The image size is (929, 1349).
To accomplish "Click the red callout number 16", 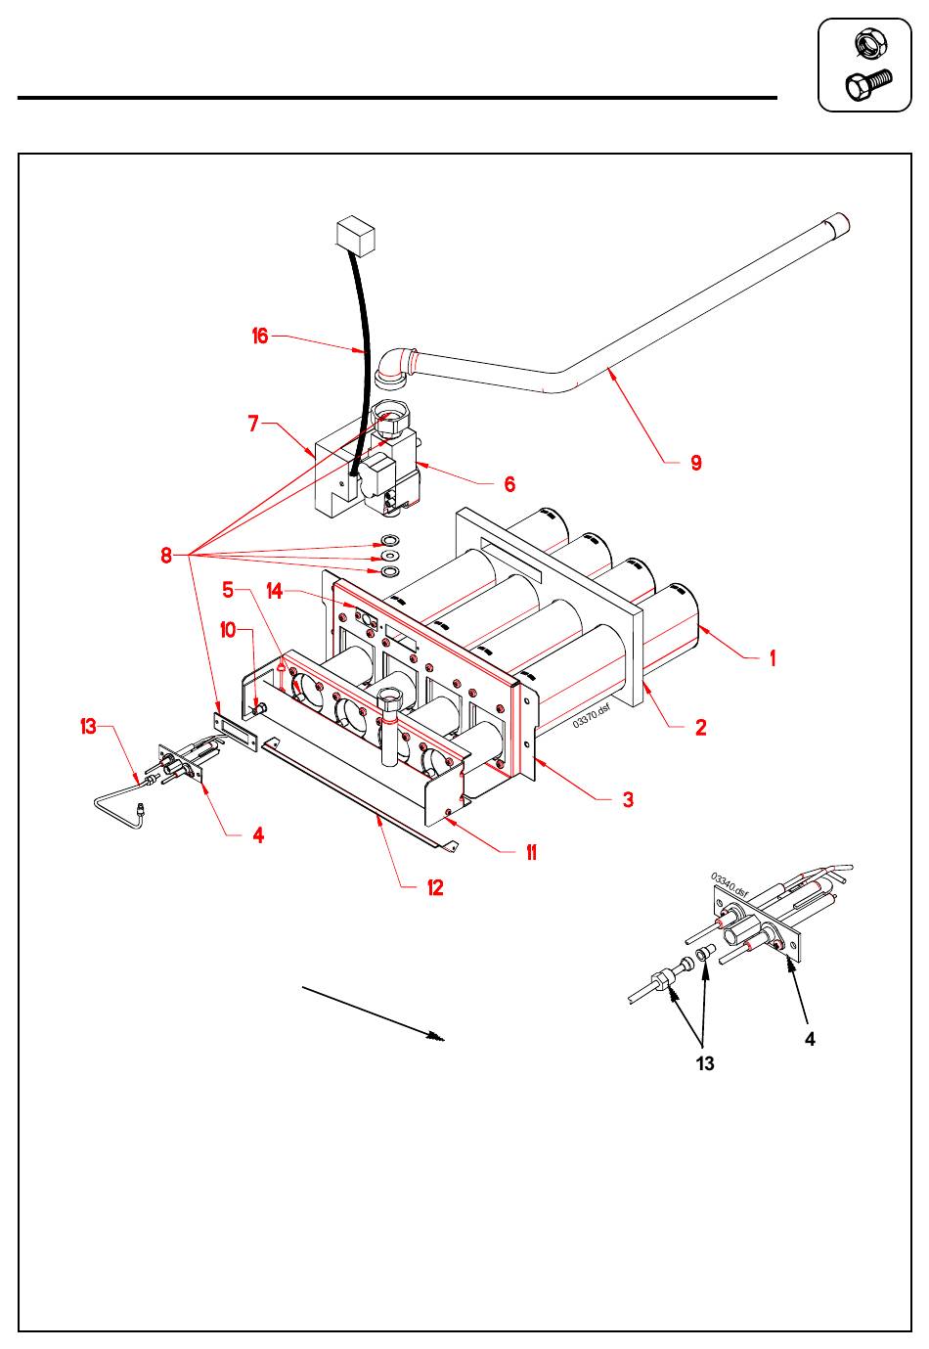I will tap(259, 337).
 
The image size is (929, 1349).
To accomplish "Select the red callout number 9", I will tap(696, 463).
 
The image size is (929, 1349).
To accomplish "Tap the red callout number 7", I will tap(253, 424).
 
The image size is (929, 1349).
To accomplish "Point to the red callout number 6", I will tap(509, 484).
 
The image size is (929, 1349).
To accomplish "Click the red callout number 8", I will tap(166, 555).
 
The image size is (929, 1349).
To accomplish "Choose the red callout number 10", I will tap(228, 630).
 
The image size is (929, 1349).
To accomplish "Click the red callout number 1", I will tap(773, 658).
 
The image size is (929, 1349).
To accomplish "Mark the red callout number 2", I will tap(700, 727).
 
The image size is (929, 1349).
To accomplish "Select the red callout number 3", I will tap(628, 799).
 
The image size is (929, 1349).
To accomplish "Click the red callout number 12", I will tap(435, 887).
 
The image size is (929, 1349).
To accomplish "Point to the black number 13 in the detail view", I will tap(705, 1064).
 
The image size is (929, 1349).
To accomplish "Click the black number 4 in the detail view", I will tap(810, 1040).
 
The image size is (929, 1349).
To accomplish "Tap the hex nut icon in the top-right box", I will tap(866, 43).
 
